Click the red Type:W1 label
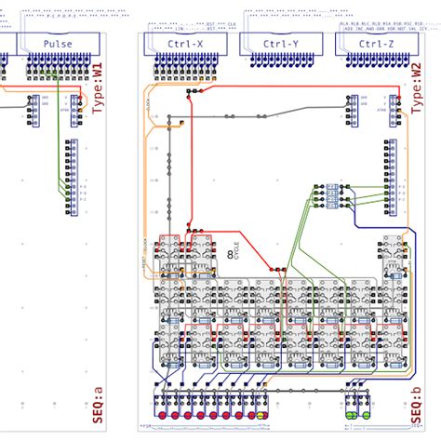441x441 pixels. pyautogui.click(x=100, y=85)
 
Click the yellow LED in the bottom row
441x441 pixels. pyautogui.click(x=261, y=414)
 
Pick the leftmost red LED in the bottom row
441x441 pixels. pyautogui.click(x=161, y=414)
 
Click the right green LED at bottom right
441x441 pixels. pyautogui.click(x=366, y=414)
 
